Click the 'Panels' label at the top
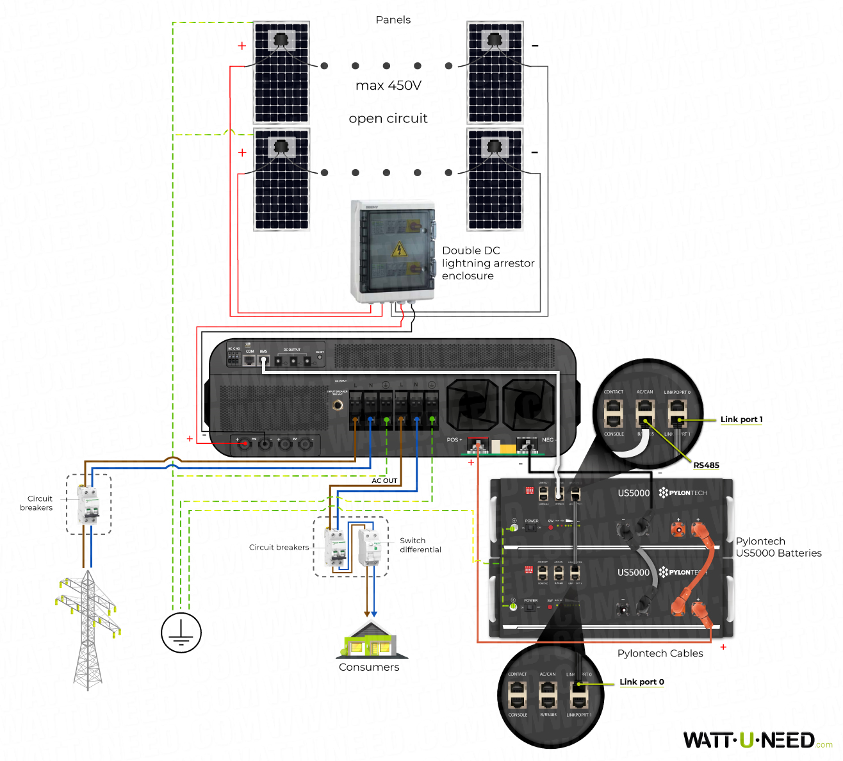pyautogui.click(x=393, y=20)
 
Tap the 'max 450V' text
pyautogui.click(x=388, y=85)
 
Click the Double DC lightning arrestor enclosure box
pyautogui.click(x=393, y=251)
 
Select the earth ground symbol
pyautogui.click(x=181, y=632)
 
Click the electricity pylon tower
pyautogui.click(x=87, y=628)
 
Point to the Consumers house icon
pyautogui.click(x=371, y=641)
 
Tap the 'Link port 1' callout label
pyautogui.click(x=741, y=420)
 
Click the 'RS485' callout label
pyautogui.click(x=706, y=465)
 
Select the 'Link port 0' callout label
pyautogui.click(x=641, y=682)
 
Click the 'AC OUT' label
pyautogui.click(x=384, y=480)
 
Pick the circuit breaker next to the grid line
pyautogui.click(x=88, y=504)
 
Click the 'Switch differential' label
pyautogui.click(x=420, y=545)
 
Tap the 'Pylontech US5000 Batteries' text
pyautogui.click(x=778, y=547)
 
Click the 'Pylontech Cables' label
pyautogui.click(x=660, y=653)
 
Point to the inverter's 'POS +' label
pyautogui.click(x=454, y=439)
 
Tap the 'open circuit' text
pyautogui.click(x=388, y=119)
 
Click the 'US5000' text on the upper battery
pyautogui.click(x=633, y=493)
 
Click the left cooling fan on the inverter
pyautogui.click(x=472, y=405)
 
